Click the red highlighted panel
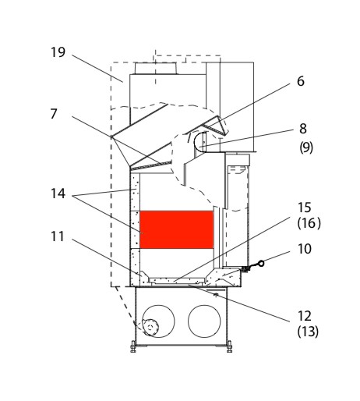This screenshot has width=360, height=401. [x=177, y=229]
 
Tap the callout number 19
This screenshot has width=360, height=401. [x=58, y=52]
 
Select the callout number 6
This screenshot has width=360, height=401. [x=301, y=81]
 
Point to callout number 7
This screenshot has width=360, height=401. [x=54, y=114]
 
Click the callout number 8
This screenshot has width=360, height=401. [x=303, y=129]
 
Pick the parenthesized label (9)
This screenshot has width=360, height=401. [x=306, y=147]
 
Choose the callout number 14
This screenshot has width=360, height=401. [x=58, y=193]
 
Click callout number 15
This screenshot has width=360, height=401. [x=305, y=208]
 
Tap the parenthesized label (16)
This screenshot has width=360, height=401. [x=309, y=223]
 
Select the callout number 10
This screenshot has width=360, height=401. [x=305, y=249]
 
